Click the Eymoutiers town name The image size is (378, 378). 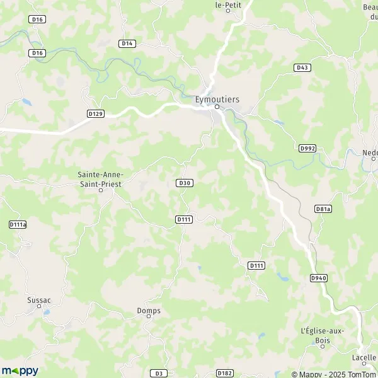tap(216, 98)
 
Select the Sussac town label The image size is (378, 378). tap(38, 301)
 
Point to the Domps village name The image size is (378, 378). tap(149, 310)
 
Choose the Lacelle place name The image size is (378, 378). tap(364, 357)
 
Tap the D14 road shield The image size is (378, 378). tap(127, 43)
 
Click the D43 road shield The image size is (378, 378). tap(301, 67)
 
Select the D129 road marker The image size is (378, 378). tap(95, 113)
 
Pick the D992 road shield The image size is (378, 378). tap(307, 148)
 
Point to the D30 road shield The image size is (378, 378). tap(184, 183)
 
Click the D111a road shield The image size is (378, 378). tap(18, 224)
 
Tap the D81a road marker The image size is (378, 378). tap(323, 209)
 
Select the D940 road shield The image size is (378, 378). tap(318, 278)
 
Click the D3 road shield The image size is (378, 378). tap(160, 374)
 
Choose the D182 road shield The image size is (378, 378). tap(224, 374)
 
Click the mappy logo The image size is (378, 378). tap(20, 371)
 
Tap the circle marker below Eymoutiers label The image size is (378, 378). tap(217, 106)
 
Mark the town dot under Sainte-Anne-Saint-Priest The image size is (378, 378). tap(100, 190)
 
